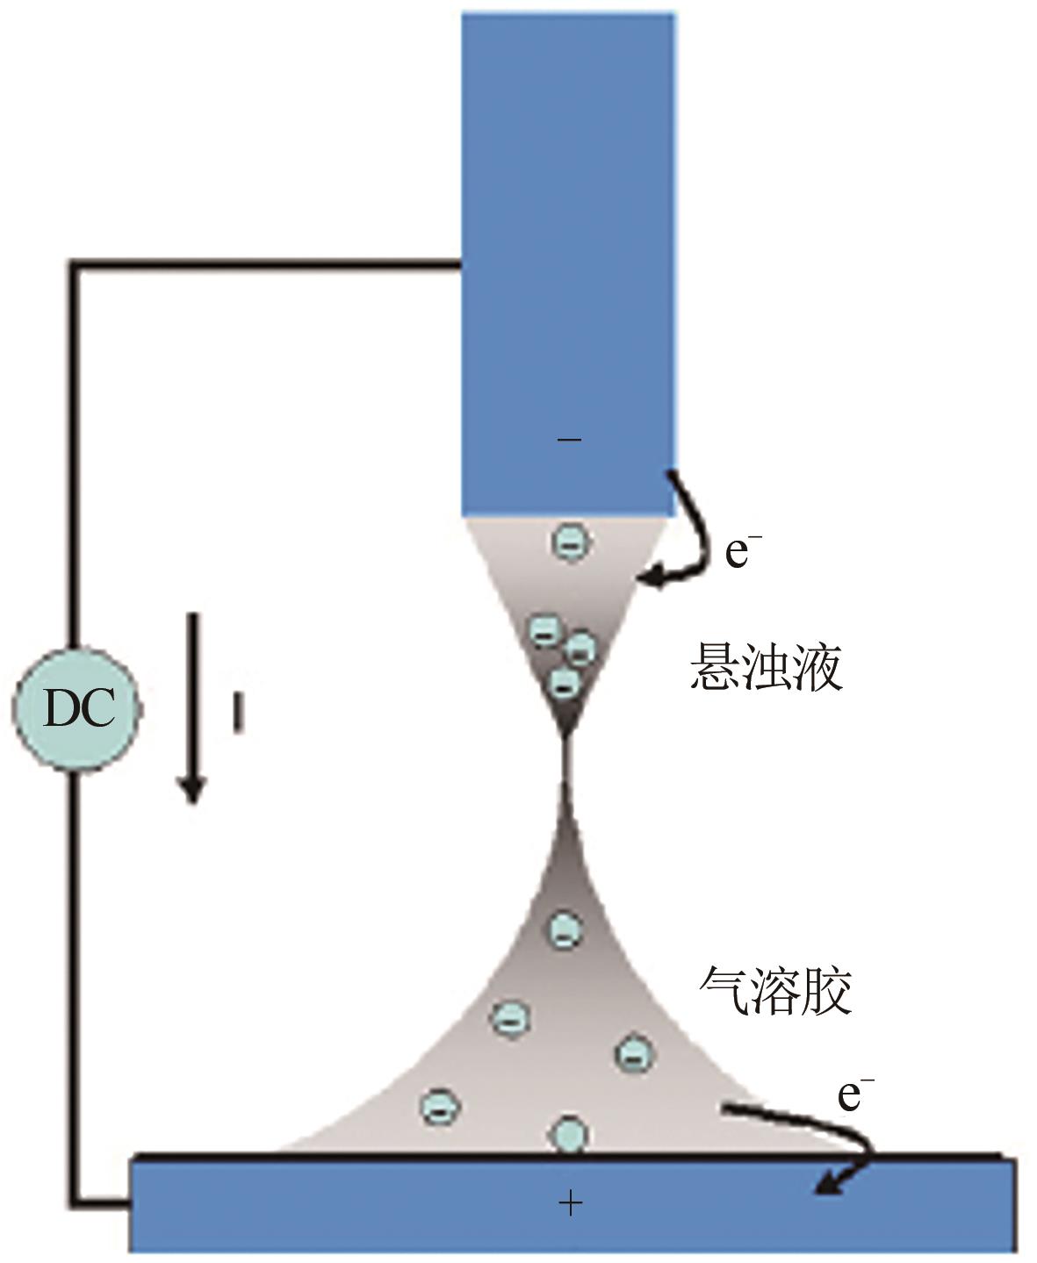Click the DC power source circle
(77, 708)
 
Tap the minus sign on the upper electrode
(570, 438)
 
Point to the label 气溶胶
(775, 993)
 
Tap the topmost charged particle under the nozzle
(570, 542)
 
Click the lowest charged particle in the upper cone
(565, 682)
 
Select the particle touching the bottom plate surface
(569, 1134)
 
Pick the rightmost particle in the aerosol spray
(633, 1052)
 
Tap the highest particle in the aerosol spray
(565, 929)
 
